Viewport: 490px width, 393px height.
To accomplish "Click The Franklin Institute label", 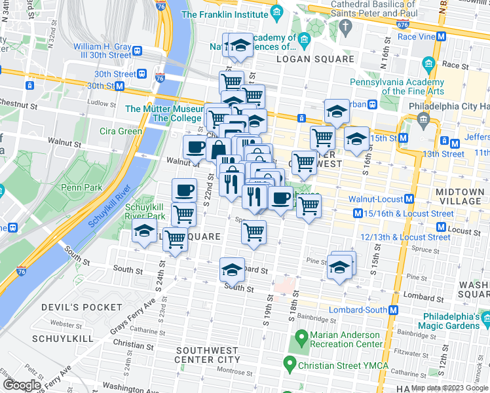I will point(225,14).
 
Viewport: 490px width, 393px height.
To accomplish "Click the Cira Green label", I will point(121,131).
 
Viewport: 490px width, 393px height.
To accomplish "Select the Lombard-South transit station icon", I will point(394,310).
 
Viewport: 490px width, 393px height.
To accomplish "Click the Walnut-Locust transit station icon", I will point(409,198).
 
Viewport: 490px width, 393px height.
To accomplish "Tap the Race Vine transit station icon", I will point(442,37).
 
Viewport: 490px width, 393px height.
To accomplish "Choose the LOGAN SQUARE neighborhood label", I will point(315,60).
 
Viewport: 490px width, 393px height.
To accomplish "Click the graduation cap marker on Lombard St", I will point(231,270).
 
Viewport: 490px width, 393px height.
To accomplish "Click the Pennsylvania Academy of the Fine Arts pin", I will point(430,64).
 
